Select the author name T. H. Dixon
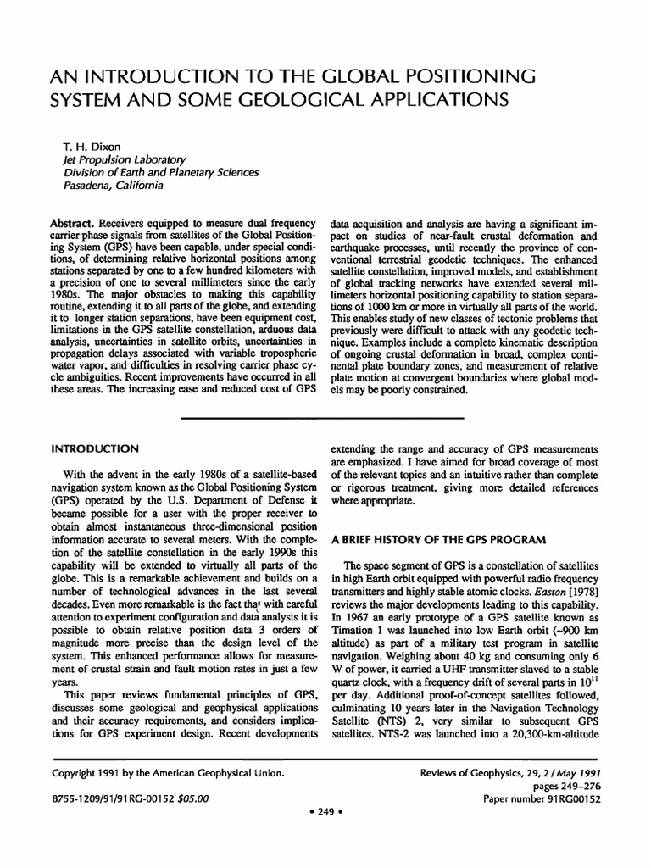(79, 145)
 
